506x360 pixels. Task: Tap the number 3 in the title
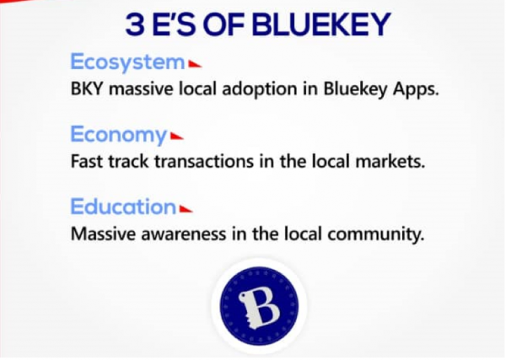[x=135, y=24]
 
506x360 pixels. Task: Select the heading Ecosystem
[x=128, y=62]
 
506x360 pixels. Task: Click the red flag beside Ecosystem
[x=195, y=65]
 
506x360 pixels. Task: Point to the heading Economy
[x=119, y=135]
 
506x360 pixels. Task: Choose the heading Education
[x=123, y=207]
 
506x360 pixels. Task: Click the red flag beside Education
[x=186, y=209]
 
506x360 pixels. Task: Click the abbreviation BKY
[x=87, y=89]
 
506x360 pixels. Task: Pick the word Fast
[x=86, y=161]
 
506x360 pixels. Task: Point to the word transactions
[x=204, y=161]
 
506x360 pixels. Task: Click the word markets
[x=390, y=161]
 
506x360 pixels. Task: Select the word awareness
[x=183, y=234]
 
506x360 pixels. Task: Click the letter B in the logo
[x=260, y=306]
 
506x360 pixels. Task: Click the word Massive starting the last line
[x=103, y=234]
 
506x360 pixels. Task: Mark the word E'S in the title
[x=173, y=24]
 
